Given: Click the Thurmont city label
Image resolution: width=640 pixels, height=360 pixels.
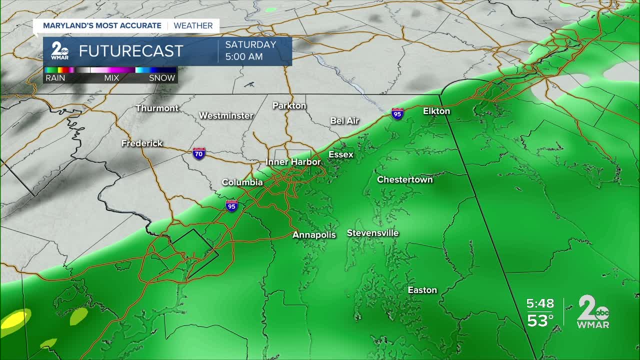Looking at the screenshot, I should pos(157,108).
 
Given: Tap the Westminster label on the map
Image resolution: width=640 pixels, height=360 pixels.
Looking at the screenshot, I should pos(226,115).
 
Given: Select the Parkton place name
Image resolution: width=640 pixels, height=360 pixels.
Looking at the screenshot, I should pos(289,105).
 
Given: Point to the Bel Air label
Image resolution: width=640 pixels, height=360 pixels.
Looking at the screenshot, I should pos(345,120).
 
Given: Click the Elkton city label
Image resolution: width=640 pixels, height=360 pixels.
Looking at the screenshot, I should pos(436,111).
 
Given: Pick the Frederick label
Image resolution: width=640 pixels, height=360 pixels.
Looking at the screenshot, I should pos(142,143).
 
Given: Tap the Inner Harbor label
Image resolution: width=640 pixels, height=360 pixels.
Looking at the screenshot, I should pos(293,162).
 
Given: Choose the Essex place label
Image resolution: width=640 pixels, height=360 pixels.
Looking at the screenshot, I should pos(341,154).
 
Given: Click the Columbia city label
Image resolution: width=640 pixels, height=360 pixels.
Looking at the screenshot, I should pos(242,182).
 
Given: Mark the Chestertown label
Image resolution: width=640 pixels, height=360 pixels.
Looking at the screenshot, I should pos(404,179).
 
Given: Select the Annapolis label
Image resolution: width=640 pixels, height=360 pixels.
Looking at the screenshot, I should pos(314,234).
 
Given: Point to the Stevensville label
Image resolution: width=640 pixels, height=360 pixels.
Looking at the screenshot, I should pos(372,233).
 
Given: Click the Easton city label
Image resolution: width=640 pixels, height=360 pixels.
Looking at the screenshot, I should pos(422,290).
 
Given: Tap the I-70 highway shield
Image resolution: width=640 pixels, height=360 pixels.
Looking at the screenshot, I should pos(199,153).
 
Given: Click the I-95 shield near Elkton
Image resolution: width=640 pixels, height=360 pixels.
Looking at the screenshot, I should pos(397,113).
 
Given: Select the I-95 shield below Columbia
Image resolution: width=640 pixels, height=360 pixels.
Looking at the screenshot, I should pos(231,205).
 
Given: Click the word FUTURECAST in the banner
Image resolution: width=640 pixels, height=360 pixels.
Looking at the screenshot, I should pos(131,51).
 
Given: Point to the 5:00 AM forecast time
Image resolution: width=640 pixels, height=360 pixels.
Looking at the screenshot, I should pos(244,56).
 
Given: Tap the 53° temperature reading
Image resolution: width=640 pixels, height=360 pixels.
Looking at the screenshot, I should pos(540,320).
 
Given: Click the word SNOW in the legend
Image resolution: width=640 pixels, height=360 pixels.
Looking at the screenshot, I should pos(162,78).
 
